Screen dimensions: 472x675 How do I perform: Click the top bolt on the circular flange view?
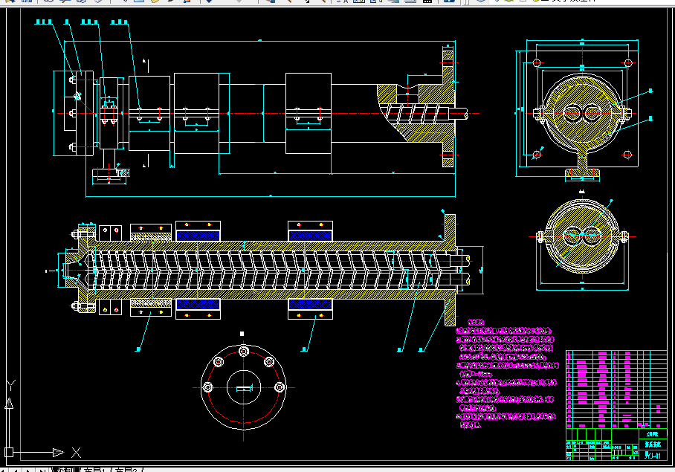tap(242, 352)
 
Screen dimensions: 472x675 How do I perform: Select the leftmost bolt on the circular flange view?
tap(207, 387)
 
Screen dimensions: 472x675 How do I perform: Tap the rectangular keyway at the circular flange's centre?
tap(242, 387)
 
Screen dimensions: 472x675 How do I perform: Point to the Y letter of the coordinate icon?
tap(10, 385)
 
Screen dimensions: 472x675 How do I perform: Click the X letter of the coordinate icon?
tap(75, 452)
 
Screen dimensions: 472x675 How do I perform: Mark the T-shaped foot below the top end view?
tap(582, 172)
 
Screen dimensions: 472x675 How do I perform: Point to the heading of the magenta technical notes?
tap(475, 323)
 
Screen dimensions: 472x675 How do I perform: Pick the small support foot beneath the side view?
tap(109, 174)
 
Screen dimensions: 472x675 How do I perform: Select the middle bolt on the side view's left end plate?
tap(71, 113)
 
